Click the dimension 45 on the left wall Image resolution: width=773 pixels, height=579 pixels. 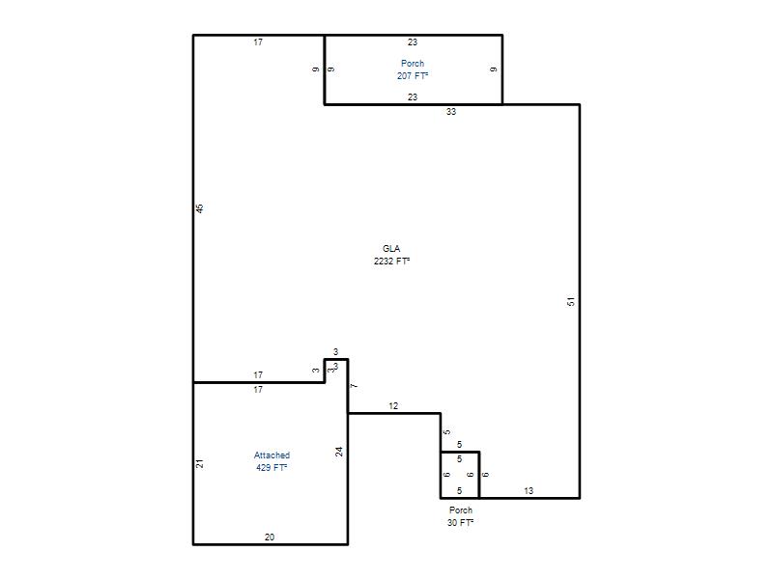tap(200, 208)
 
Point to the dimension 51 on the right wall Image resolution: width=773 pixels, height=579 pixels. tap(571, 301)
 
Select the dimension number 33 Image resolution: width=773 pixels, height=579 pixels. tap(451, 112)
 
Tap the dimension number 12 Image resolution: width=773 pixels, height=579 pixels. tap(393, 406)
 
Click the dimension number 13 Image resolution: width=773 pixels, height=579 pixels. tap(529, 491)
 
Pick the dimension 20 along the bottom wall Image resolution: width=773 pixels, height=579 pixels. tap(270, 538)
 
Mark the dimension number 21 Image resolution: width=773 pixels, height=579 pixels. tap(200, 463)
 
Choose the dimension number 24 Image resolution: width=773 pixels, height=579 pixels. tap(339, 452)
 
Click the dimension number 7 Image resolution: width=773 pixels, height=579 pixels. tap(354, 386)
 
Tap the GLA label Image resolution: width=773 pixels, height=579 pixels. tap(391, 249)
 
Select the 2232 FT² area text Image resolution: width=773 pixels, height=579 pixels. tap(391, 261)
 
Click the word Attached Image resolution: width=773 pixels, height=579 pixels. tap(272, 455)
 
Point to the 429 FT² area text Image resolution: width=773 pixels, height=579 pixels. tap(272, 468)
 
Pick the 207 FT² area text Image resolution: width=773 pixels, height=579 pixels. tap(413, 76)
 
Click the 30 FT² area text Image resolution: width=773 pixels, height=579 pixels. tap(461, 523)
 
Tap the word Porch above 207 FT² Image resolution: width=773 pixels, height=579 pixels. tap(413, 64)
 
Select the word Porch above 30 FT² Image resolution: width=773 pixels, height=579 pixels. tap(461, 510)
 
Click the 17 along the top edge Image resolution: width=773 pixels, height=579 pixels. tap(258, 42)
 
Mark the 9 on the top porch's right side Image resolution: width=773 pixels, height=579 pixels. tap(494, 69)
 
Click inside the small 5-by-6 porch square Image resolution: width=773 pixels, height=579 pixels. tap(460, 475)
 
